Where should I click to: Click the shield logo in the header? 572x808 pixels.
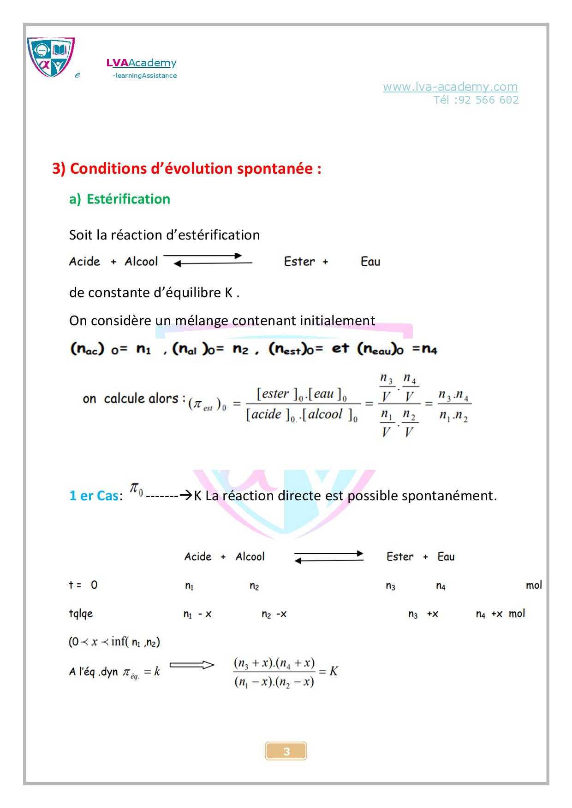(x=51, y=57)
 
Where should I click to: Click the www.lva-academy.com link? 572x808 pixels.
(x=450, y=87)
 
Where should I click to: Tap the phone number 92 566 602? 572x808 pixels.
(x=489, y=100)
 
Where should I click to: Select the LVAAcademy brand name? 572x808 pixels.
(x=141, y=63)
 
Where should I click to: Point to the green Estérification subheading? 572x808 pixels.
(x=128, y=199)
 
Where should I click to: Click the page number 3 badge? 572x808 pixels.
(x=286, y=751)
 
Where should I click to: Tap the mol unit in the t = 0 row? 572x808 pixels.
(x=534, y=585)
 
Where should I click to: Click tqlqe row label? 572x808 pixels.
(x=81, y=614)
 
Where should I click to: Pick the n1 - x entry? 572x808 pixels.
(x=197, y=614)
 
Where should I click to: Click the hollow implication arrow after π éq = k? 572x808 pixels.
(x=191, y=665)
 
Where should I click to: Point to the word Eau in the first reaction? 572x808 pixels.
(x=370, y=262)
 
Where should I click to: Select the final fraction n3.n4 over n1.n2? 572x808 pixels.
(x=453, y=405)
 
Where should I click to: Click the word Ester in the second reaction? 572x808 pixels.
(x=400, y=556)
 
